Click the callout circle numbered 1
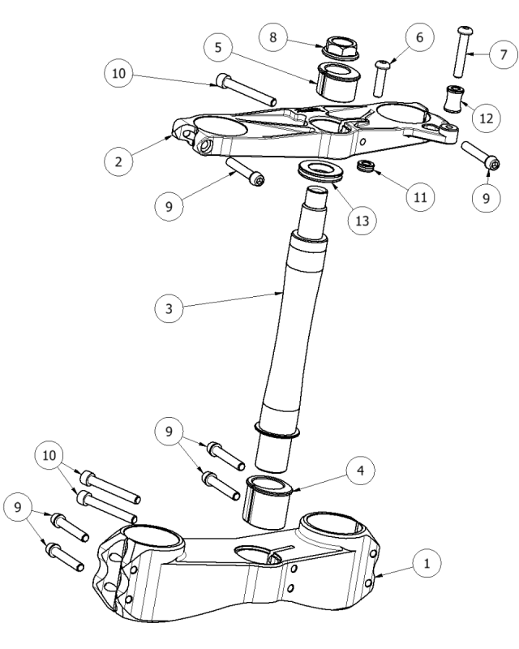tap(424, 561)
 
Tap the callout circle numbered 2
tap(118, 161)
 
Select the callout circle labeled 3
tap(168, 307)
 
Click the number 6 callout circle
tap(418, 37)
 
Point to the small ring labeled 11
tap(366, 166)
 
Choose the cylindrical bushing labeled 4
tap(268, 500)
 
